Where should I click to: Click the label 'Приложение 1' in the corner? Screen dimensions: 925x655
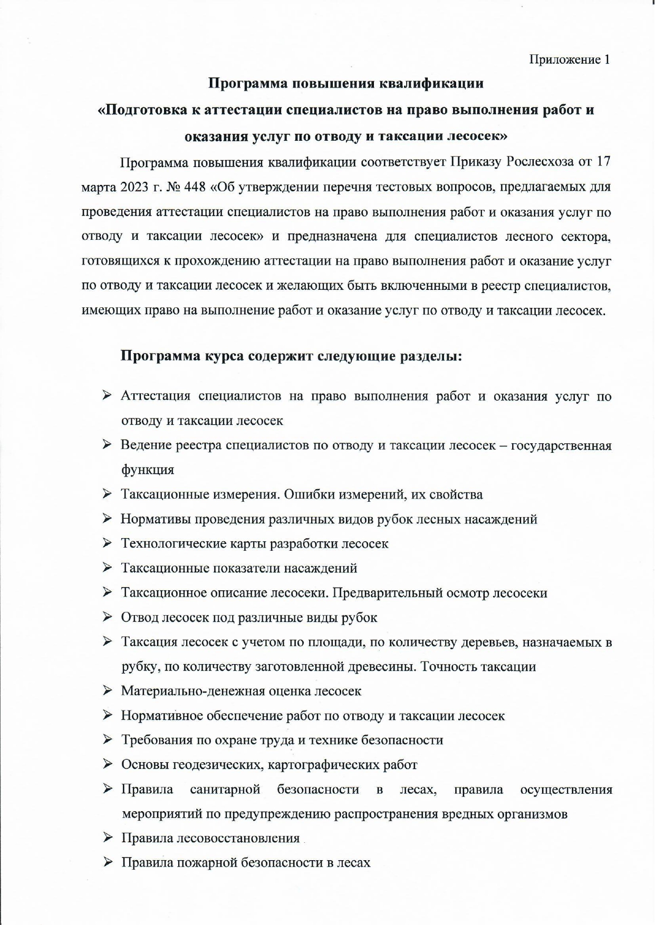coord(570,60)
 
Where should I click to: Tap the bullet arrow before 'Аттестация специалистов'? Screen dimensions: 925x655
coord(107,395)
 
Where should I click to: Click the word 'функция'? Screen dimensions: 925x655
coord(148,470)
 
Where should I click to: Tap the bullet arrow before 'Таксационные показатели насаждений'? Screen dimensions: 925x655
coord(107,568)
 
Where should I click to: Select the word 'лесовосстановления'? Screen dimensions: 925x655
coord(238,839)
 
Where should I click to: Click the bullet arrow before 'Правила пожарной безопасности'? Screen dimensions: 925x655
coord(107,863)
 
